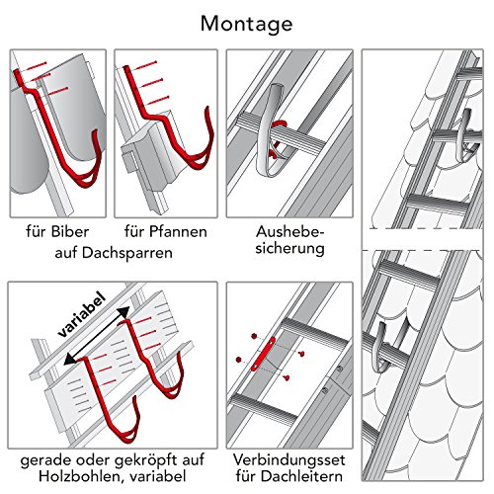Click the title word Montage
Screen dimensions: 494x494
pyautogui.click(x=247, y=25)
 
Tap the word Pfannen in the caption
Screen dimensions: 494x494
pyautogui.click(x=178, y=231)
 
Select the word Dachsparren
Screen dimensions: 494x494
pyautogui.click(x=127, y=253)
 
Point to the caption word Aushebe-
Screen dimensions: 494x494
pyautogui.click(x=290, y=231)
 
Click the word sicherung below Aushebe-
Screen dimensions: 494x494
pyautogui.click(x=290, y=249)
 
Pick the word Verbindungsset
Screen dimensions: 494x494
pyautogui.click(x=289, y=460)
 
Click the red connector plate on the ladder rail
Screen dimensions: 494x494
pyautogui.click(x=263, y=354)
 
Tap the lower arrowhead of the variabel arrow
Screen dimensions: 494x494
pyautogui.click(x=70, y=358)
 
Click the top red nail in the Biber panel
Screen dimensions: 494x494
pyautogui.click(x=37, y=66)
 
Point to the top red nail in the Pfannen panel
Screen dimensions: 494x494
pyautogui.click(x=145, y=66)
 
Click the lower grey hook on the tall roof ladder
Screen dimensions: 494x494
pyautogui.click(x=382, y=349)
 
